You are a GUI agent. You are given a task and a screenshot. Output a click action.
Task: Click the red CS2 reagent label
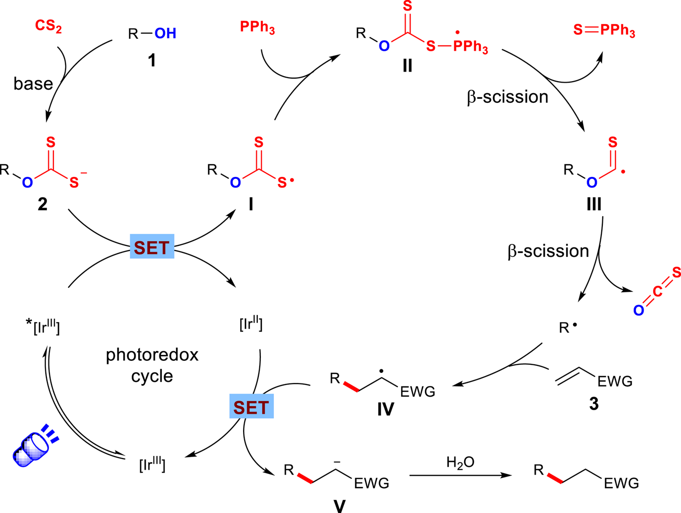pyautogui.click(x=48, y=26)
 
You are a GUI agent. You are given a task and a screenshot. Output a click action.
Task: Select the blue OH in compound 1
pyautogui.click(x=165, y=34)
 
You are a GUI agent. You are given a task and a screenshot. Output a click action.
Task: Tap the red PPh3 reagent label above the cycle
pyautogui.click(x=257, y=27)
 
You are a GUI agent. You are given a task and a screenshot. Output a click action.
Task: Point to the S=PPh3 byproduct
pyautogui.click(x=604, y=30)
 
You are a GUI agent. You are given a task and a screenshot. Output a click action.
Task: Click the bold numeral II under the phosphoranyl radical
pyautogui.click(x=407, y=66)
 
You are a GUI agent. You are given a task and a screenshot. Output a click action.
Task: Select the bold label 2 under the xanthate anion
pyautogui.click(x=42, y=204)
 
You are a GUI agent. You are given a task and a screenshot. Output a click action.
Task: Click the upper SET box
pyautogui.click(x=152, y=246)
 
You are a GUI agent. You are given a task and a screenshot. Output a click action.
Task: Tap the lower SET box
pyautogui.click(x=251, y=406)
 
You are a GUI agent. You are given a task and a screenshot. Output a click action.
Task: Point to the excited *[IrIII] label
pyautogui.click(x=43, y=327)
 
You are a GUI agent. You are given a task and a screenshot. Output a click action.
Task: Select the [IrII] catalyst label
pyautogui.click(x=251, y=324)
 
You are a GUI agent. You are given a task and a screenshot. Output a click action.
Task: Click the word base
pyautogui.click(x=33, y=84)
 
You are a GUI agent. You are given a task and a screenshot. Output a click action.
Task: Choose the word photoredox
pyautogui.click(x=152, y=355)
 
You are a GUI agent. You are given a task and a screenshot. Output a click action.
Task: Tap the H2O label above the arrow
pyautogui.click(x=460, y=462)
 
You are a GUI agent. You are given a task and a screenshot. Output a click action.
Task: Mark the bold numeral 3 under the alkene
pyautogui.click(x=594, y=404)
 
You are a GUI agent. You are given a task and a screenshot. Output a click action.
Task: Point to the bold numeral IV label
pyautogui.click(x=385, y=409)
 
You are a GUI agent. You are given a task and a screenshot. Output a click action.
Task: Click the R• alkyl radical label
pyautogui.click(x=567, y=328)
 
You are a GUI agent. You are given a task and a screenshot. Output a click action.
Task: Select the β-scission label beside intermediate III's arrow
pyautogui.click(x=548, y=251)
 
